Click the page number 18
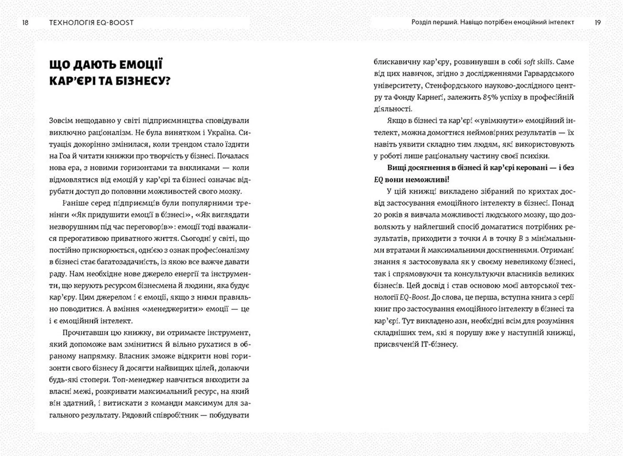click(x=25, y=23)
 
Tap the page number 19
click(x=598, y=23)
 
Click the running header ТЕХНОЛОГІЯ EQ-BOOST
click(x=91, y=23)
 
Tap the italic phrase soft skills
click(x=538, y=62)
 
